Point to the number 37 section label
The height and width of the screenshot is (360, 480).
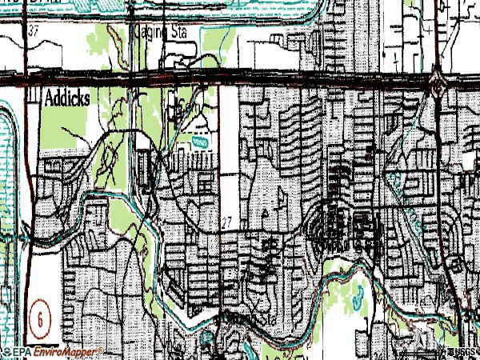point(34,30)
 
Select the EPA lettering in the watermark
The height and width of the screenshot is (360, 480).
point(22,351)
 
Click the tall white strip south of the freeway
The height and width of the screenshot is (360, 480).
point(229,128)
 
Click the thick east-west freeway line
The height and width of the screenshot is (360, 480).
point(240,78)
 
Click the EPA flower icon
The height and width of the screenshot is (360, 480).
point(6,351)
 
